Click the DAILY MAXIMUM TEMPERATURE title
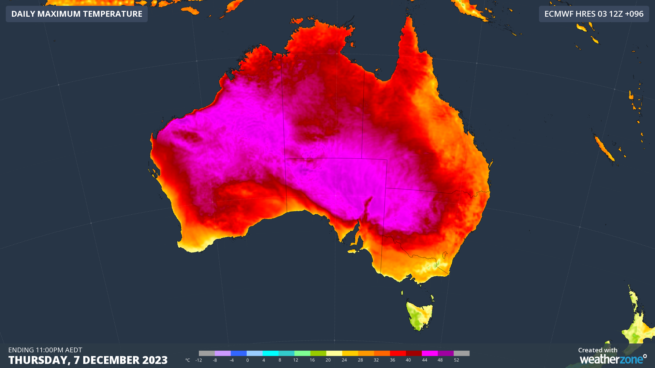pyautogui.click(x=77, y=14)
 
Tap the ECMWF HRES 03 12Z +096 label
pyautogui.click(x=594, y=14)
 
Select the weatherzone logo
pyautogui.click(x=613, y=359)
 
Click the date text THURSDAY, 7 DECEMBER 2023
pyautogui.click(x=88, y=360)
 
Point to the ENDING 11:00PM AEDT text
pyautogui.click(x=45, y=350)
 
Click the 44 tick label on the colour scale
pyautogui.click(x=424, y=360)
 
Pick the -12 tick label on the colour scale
pyautogui.click(x=198, y=360)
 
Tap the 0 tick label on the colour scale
pyautogui.click(x=247, y=360)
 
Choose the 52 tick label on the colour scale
pyautogui.click(x=456, y=360)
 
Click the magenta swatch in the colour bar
pyautogui.click(x=430, y=353)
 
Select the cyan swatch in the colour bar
pyautogui.click(x=271, y=353)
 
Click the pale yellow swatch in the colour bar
pyautogui.click(x=334, y=353)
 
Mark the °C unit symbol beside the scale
pyautogui.click(x=188, y=360)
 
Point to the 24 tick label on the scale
pyautogui.click(x=344, y=360)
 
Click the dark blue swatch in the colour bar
pyautogui.click(x=238, y=353)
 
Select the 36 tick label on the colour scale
pyautogui.click(x=392, y=360)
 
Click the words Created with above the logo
pyautogui.click(x=598, y=350)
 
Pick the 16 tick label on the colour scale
pyautogui.click(x=312, y=360)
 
